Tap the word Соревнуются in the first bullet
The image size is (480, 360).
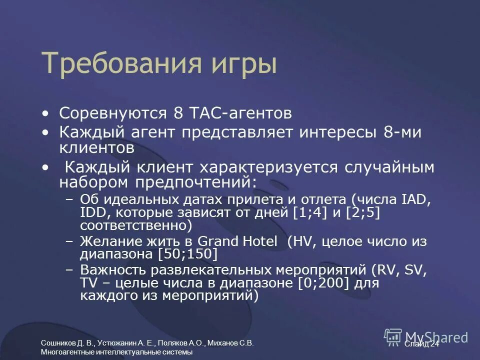pos(114,113)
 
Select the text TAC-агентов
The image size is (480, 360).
pos(239,113)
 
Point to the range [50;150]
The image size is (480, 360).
pos(187,254)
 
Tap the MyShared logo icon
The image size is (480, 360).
pos(393,337)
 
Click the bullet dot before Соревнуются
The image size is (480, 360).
pos(46,113)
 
